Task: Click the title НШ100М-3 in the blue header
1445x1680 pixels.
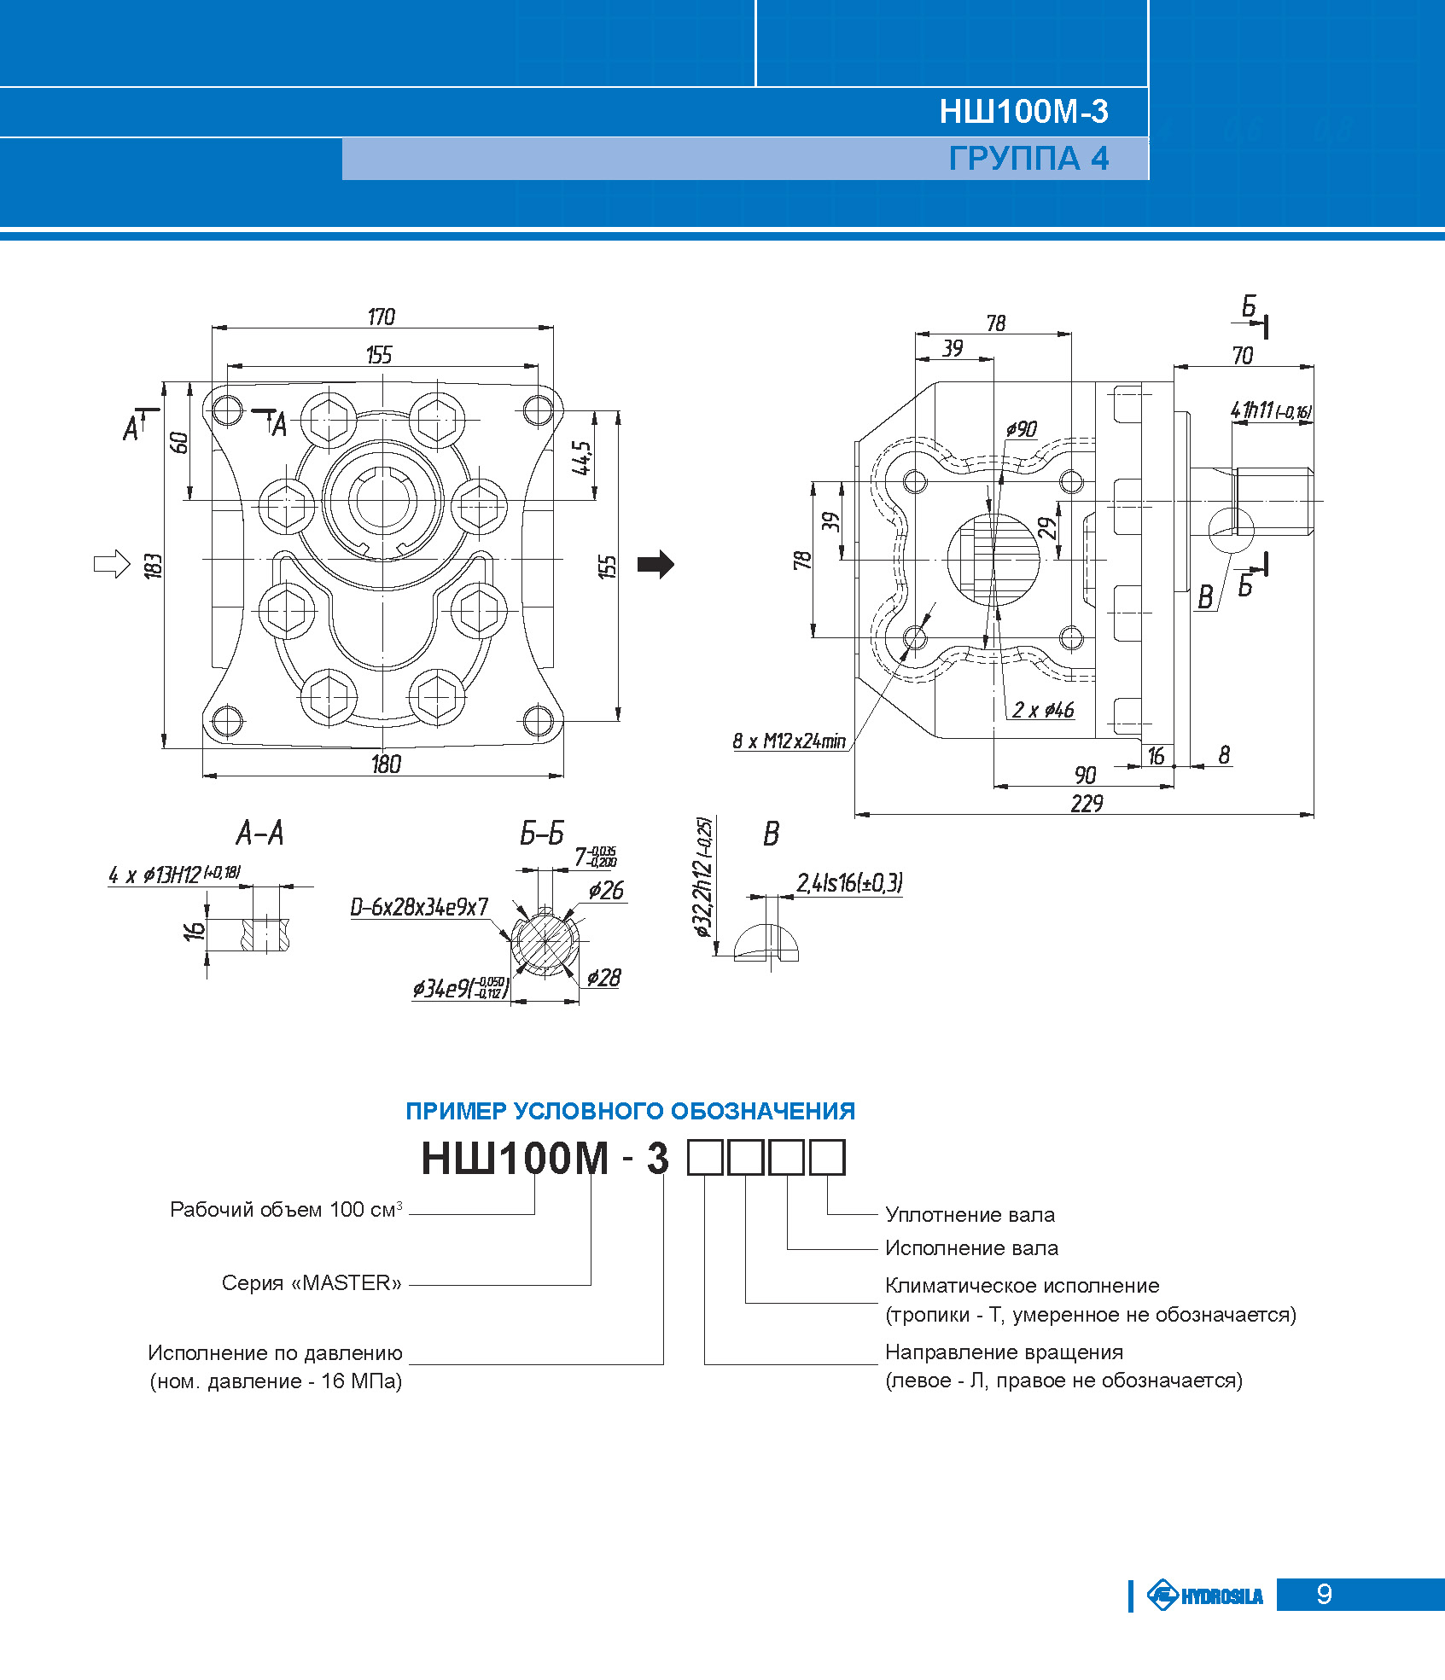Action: click(1023, 112)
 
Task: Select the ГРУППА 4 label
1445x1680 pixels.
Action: click(1028, 159)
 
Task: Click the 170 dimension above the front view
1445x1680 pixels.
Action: click(382, 317)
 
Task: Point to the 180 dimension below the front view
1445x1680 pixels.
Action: click(386, 764)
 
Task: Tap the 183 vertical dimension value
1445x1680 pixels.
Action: click(154, 566)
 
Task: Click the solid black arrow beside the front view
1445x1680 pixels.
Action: click(655, 564)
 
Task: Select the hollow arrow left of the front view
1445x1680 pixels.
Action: click(111, 563)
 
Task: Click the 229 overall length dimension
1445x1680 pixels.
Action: click(1087, 804)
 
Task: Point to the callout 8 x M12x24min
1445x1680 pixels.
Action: click(789, 741)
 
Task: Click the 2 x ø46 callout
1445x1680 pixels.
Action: click(1043, 710)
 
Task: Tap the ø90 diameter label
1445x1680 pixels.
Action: click(1021, 429)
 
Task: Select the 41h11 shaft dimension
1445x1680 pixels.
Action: click(1270, 410)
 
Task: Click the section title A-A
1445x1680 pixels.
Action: click(259, 833)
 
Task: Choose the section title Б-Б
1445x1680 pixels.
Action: click(542, 834)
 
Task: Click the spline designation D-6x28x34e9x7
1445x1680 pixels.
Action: click(419, 907)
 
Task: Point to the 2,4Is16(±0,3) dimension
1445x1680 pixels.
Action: click(849, 883)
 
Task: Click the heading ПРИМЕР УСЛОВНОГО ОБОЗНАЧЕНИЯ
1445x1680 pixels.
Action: click(630, 1111)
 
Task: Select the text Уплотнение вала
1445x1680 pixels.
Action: click(970, 1214)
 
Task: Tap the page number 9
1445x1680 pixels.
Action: click(1324, 1594)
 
